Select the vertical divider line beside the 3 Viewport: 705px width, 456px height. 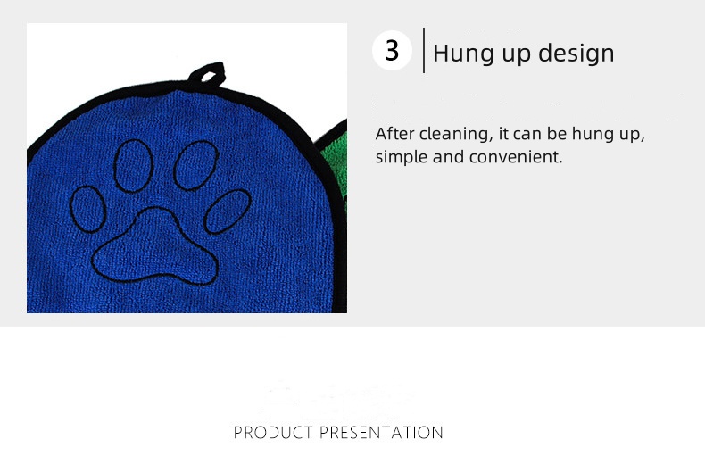[x=423, y=50]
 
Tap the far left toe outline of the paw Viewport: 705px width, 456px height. [x=88, y=208]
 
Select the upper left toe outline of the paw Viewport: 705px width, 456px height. [x=132, y=166]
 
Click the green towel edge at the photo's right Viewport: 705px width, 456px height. [x=335, y=161]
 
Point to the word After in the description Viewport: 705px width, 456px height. [x=394, y=134]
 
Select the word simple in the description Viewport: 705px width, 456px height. [x=400, y=158]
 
